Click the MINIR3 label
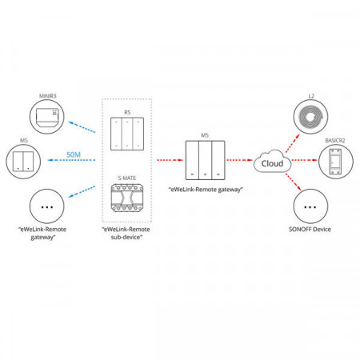point(48,96)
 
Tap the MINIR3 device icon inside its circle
point(47,117)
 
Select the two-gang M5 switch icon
point(23,162)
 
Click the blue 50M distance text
point(74,154)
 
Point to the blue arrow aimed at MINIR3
point(82,127)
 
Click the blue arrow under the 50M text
point(71,160)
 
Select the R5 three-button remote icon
point(127,134)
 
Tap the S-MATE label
point(127,178)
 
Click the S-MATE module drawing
point(127,198)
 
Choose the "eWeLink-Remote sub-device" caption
point(126,233)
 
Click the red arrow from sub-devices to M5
point(170,160)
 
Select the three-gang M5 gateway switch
point(206,160)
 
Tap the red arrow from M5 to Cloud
point(239,160)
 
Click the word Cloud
point(272,163)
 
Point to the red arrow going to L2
point(293,143)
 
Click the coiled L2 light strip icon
point(311,117)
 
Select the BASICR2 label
point(335,141)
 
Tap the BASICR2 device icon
point(335,162)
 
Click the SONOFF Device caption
point(310,230)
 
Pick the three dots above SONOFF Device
point(310,207)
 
